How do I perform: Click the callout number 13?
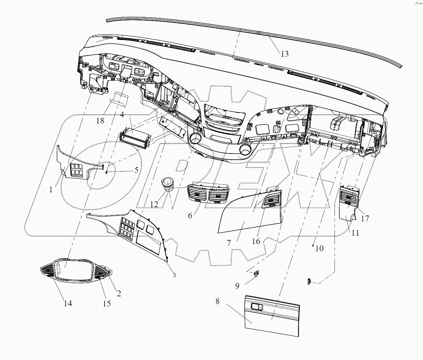[284, 54]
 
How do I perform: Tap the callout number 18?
[100, 120]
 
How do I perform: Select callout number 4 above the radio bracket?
[122, 115]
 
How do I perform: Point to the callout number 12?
[154, 204]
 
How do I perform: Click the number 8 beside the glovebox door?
[217, 301]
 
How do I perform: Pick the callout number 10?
[319, 248]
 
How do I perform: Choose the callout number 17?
[365, 219]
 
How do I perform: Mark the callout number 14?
[68, 303]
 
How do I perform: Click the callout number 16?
[256, 241]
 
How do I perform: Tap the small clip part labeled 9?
[257, 273]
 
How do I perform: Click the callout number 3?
[174, 275]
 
